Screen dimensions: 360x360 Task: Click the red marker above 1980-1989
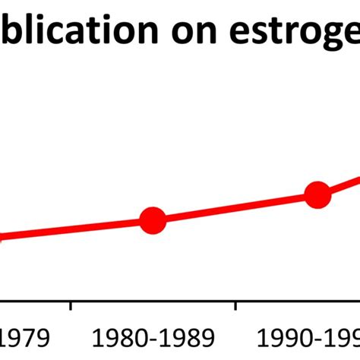153,221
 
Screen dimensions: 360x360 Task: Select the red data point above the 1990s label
317,195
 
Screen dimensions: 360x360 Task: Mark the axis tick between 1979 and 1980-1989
71,306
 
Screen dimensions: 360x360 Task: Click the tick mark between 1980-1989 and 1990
236,306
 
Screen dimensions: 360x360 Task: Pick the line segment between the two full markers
235,208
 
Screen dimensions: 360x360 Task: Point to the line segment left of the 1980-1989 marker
76,229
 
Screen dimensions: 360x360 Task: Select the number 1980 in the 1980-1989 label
118,339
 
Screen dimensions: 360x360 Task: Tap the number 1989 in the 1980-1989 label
191,339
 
